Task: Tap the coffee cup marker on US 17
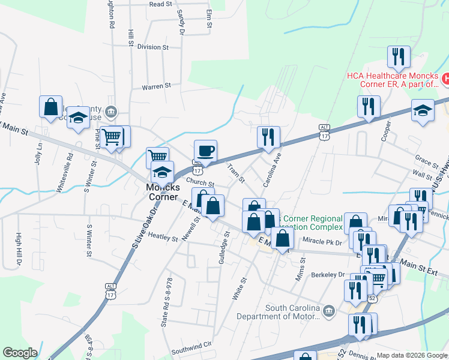pos(205,151)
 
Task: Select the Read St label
pos(160,4)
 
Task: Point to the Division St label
pos(152,47)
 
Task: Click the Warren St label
pos(157,87)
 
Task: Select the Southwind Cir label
pos(192,345)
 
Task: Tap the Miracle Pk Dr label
pos(322,242)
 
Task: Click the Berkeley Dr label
pos(328,275)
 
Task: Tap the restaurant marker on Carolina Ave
pos(269,137)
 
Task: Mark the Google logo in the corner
pos(20,353)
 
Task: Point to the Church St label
pos(200,183)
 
